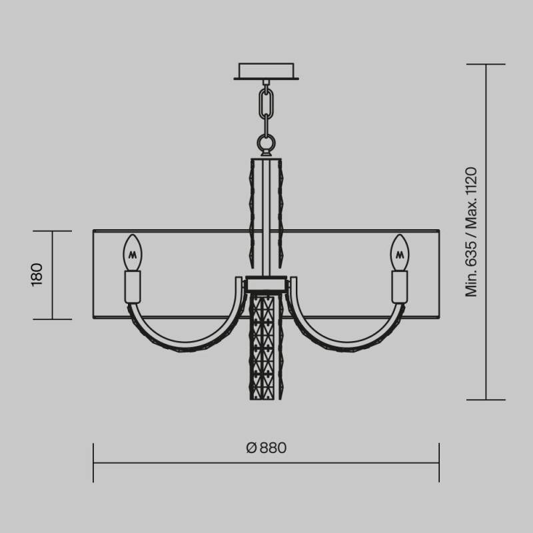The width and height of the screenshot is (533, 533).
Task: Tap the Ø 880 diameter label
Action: (266, 448)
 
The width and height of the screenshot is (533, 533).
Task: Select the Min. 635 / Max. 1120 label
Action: (472, 231)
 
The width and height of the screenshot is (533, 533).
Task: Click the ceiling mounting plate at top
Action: (266, 71)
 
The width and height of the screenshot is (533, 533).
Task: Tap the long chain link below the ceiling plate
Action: (266, 103)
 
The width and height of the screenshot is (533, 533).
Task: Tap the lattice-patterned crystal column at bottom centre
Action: (266, 346)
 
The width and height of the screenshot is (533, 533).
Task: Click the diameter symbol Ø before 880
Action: (251, 448)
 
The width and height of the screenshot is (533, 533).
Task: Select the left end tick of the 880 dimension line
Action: (93, 463)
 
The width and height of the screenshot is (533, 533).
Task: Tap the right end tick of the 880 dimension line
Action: (439, 463)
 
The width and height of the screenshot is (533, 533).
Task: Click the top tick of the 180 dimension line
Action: (51, 231)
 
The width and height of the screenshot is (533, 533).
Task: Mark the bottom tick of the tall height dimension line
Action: (486, 400)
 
